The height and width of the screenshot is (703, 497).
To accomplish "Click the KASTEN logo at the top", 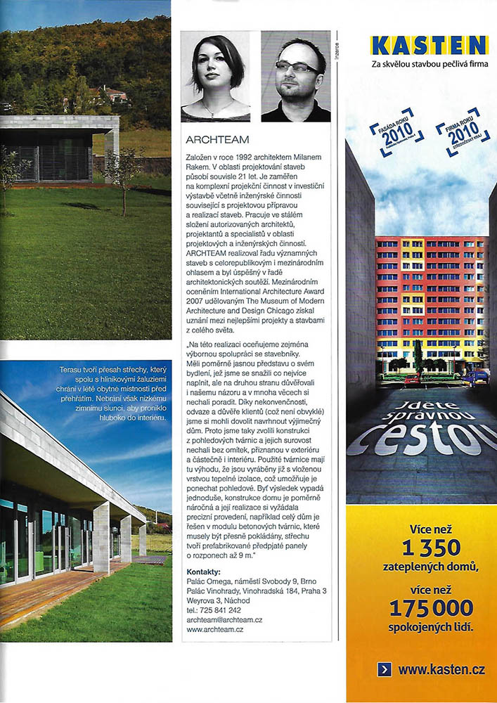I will coord(430,46).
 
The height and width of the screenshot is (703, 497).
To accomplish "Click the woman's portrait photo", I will coord(216,77).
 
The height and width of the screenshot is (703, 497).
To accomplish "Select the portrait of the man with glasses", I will coord(296,77).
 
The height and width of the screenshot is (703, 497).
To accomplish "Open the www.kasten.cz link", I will coord(441,669).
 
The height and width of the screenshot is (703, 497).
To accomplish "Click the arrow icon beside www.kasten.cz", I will coord(384,669).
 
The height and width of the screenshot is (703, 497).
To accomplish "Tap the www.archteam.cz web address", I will coord(215,630).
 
